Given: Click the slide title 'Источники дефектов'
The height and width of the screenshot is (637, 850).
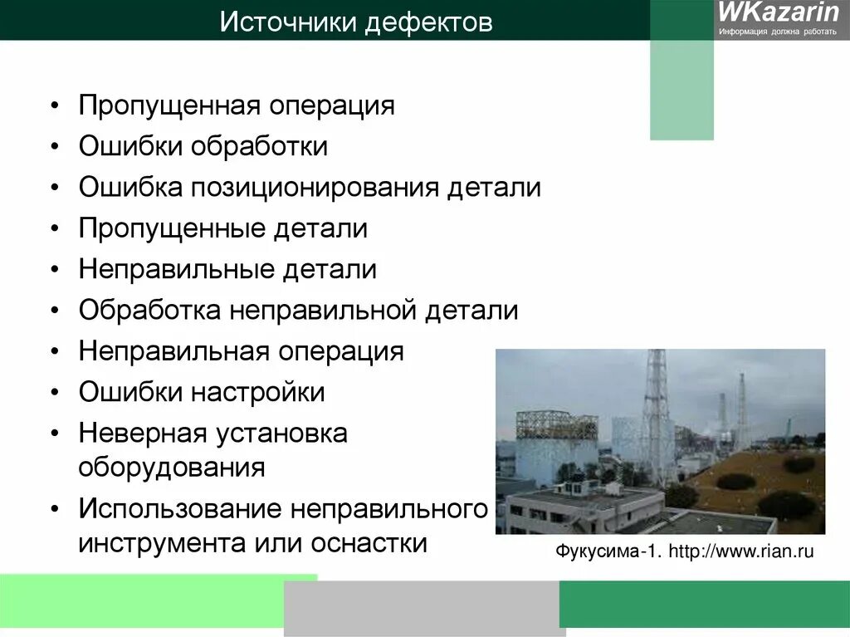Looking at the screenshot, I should pyautogui.click(x=356, y=22).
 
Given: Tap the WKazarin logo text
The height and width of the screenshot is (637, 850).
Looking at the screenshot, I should pyautogui.click(x=778, y=13).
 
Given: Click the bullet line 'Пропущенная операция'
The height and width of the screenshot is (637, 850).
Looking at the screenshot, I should pyautogui.click(x=237, y=106).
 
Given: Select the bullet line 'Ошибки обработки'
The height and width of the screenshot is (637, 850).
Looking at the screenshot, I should pyautogui.click(x=203, y=147).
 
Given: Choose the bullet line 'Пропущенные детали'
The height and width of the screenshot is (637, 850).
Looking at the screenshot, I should pyautogui.click(x=222, y=228).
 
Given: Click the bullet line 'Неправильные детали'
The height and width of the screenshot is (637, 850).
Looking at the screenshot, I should pyautogui.click(x=227, y=270).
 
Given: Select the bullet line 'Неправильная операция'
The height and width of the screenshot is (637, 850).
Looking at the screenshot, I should pyautogui.click(x=241, y=351).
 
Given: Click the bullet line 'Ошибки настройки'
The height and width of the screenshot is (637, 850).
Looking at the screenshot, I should pyautogui.click(x=202, y=392).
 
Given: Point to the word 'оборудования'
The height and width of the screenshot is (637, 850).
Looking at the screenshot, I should pyautogui.click(x=172, y=467).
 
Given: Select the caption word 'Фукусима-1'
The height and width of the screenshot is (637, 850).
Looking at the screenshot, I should pyautogui.click(x=606, y=552).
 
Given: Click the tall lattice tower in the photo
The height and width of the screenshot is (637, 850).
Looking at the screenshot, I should pyautogui.click(x=657, y=407).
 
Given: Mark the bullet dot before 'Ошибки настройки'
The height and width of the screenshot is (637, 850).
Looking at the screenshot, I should pyautogui.click(x=54, y=392).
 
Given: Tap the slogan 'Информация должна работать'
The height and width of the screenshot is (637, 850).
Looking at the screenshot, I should pyautogui.click(x=779, y=32).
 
